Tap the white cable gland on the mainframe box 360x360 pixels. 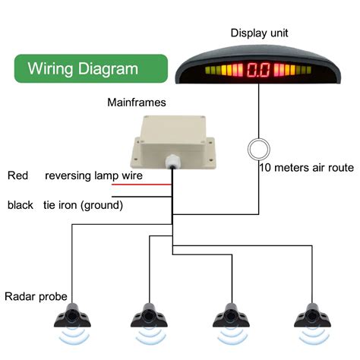click(167, 161)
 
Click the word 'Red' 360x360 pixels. click(18, 176)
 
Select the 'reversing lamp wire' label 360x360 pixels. click(93, 176)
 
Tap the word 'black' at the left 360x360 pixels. click(21, 205)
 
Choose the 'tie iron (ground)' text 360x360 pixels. click(83, 205)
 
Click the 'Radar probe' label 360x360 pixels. click(36, 296)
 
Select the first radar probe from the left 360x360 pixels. click(73, 313)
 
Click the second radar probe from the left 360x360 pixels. click(149, 313)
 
